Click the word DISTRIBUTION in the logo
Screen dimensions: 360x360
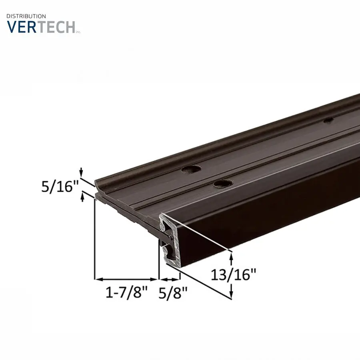(x=26, y=16)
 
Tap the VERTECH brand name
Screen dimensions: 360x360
(x=41, y=27)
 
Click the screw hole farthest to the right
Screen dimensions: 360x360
(x=328, y=120)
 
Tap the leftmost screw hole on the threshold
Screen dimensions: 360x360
(x=191, y=169)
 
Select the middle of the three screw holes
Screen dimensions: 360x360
(x=223, y=184)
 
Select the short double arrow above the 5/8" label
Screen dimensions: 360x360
(x=170, y=279)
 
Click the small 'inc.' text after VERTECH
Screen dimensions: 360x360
(x=78, y=32)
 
